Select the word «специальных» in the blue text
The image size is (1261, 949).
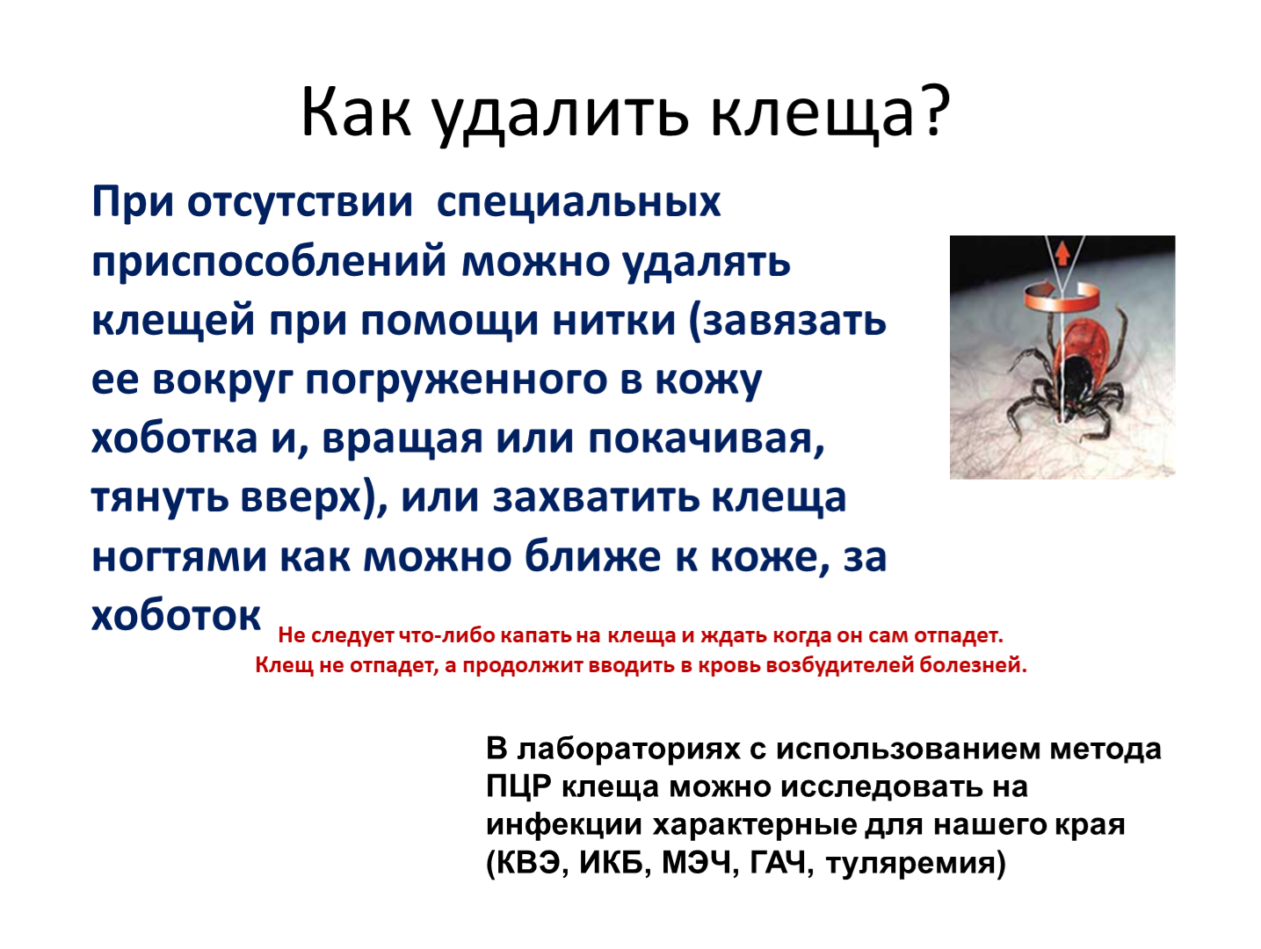click(x=578, y=203)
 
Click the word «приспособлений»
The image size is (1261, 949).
click(x=269, y=262)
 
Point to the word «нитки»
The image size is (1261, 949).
click(x=613, y=321)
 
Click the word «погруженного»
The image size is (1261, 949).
click(x=456, y=380)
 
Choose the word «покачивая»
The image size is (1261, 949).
click(x=706, y=439)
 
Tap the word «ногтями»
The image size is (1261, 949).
click(x=179, y=557)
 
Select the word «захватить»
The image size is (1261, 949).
click(x=597, y=497)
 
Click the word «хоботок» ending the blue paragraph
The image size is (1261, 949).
click(x=176, y=616)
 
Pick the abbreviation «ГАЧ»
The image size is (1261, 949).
click(x=779, y=862)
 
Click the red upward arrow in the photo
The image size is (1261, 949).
click(x=1062, y=254)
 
